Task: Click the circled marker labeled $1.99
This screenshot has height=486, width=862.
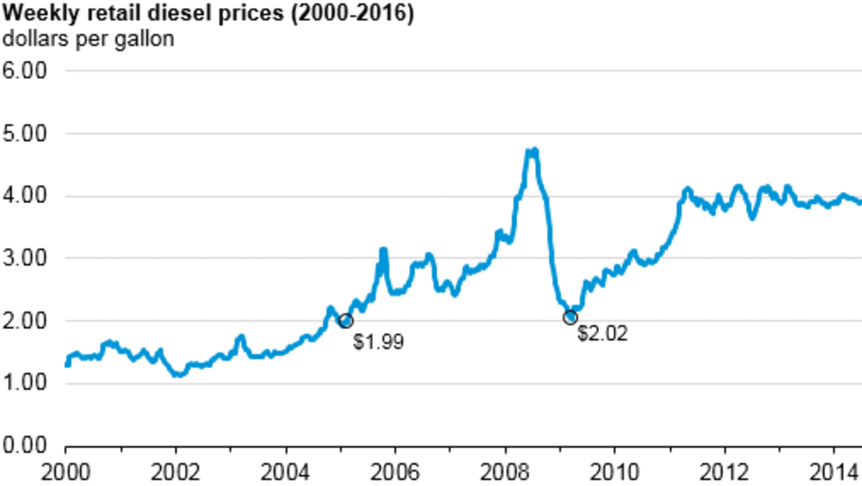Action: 346,321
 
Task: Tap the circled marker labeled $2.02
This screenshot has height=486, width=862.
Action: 570,318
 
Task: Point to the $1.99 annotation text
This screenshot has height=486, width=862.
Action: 378,342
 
